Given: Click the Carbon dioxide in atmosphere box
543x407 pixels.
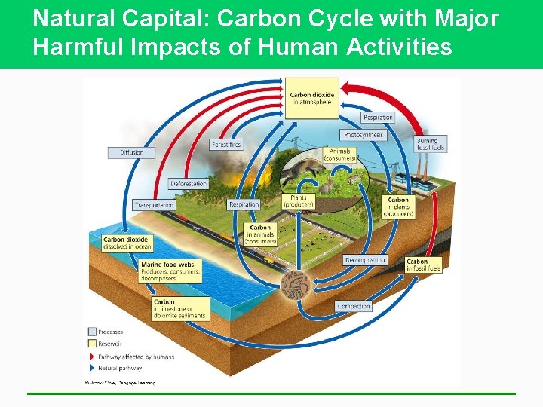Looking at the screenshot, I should (x=312, y=99).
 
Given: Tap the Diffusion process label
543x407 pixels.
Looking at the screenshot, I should (x=131, y=152).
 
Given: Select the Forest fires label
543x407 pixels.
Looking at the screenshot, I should (x=226, y=144).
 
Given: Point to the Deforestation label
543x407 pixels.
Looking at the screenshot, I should (x=189, y=184).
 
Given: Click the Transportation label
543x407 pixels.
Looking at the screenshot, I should (x=155, y=205).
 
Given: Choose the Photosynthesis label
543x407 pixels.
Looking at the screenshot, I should (x=364, y=135).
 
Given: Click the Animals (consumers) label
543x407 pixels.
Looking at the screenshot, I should (x=339, y=155).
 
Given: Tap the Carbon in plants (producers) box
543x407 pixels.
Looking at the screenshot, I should (x=398, y=207).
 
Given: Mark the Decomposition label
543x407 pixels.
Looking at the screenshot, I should (x=365, y=260).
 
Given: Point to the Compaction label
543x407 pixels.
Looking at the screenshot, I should (x=354, y=306).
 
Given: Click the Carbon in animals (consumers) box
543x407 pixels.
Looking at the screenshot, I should (x=260, y=234).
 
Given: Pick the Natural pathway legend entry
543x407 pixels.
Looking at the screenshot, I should (x=121, y=368).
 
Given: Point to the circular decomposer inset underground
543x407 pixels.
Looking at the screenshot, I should (x=295, y=286).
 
